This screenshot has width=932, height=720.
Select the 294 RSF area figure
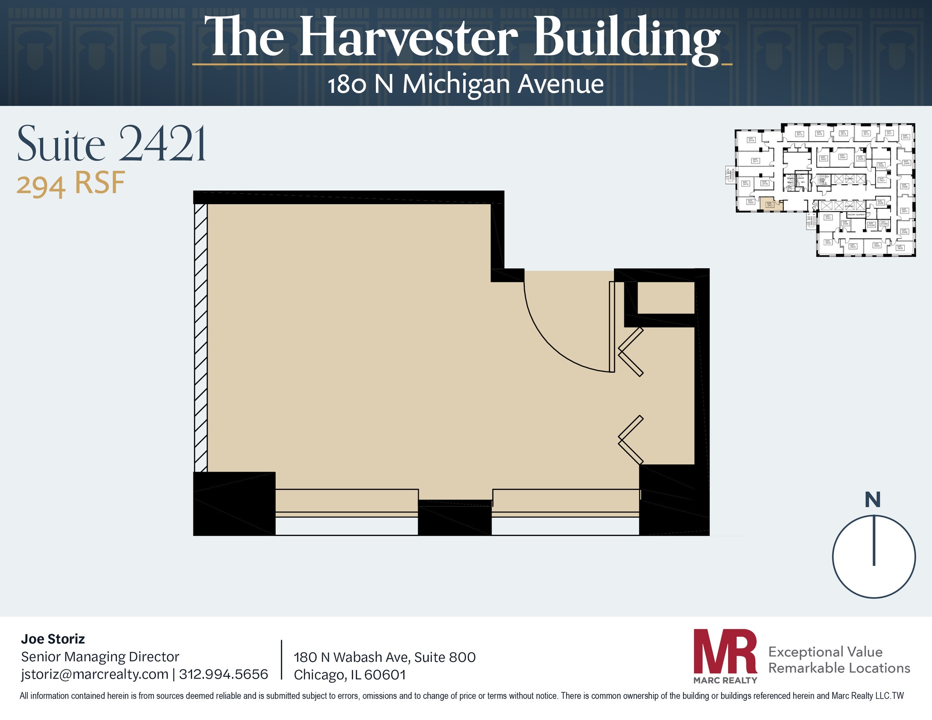71,184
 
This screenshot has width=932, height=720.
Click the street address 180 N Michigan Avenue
466,85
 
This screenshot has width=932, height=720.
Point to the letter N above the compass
872,500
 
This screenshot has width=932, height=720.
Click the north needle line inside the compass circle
874,541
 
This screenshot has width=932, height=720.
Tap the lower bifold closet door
631,439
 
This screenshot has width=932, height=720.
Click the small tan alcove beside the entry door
665,297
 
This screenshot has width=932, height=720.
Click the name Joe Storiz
53,639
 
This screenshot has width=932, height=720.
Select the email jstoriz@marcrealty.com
95,674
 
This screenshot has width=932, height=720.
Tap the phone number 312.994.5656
223,674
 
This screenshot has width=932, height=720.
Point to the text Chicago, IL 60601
349,675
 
